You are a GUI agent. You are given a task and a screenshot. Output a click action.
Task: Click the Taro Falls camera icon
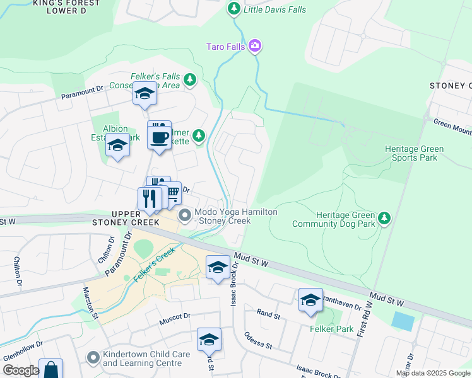(x=255, y=45)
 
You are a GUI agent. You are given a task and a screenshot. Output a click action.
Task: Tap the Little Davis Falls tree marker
(x=234, y=9)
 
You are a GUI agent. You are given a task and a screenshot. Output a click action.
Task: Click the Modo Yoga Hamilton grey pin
(x=185, y=216)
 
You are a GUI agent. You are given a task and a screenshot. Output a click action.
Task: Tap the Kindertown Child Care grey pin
(x=93, y=358)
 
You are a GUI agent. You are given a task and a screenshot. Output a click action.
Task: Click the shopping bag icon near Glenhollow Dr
(x=50, y=369)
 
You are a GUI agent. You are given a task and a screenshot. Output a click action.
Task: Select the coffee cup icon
(x=159, y=137)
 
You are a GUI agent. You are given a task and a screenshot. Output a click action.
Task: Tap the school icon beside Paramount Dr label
(x=145, y=94)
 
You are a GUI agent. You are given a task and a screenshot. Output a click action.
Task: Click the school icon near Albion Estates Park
(x=117, y=145)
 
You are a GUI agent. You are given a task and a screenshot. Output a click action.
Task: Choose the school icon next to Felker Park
(x=310, y=300)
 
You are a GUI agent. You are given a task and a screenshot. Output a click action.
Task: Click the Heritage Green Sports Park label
(x=414, y=153)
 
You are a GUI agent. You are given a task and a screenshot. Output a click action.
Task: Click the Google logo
(x=21, y=370)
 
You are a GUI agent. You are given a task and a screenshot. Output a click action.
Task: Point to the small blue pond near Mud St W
(x=403, y=321)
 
